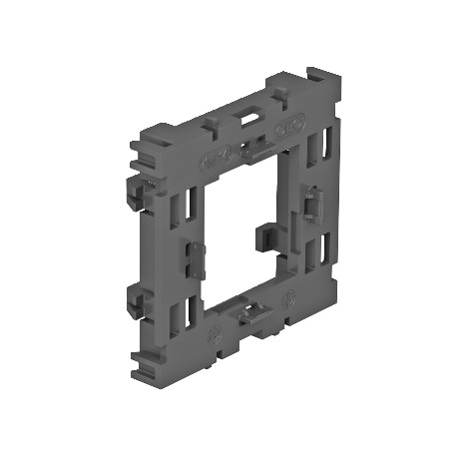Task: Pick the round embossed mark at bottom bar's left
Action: pyautogui.click(x=213, y=336)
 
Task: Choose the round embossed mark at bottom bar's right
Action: pyautogui.click(x=290, y=297)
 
